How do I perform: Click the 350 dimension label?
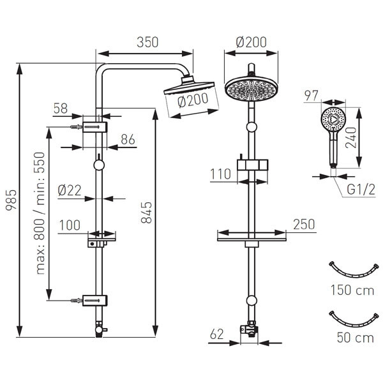pyautogui.click(x=147, y=42)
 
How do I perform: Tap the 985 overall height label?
pyautogui.click(x=11, y=200)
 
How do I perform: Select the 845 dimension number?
pyautogui.click(x=147, y=213)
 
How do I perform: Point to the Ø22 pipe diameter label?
pyautogui.click(x=70, y=190)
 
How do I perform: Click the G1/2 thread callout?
pyautogui.click(x=361, y=190)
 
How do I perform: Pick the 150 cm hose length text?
pyautogui.click(x=352, y=290)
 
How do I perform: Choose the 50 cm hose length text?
pyautogui.click(x=356, y=338)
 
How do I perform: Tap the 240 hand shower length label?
pyautogui.click(x=351, y=138)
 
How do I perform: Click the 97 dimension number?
pyautogui.click(x=312, y=96)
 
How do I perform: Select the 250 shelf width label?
pyautogui.click(x=304, y=225)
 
